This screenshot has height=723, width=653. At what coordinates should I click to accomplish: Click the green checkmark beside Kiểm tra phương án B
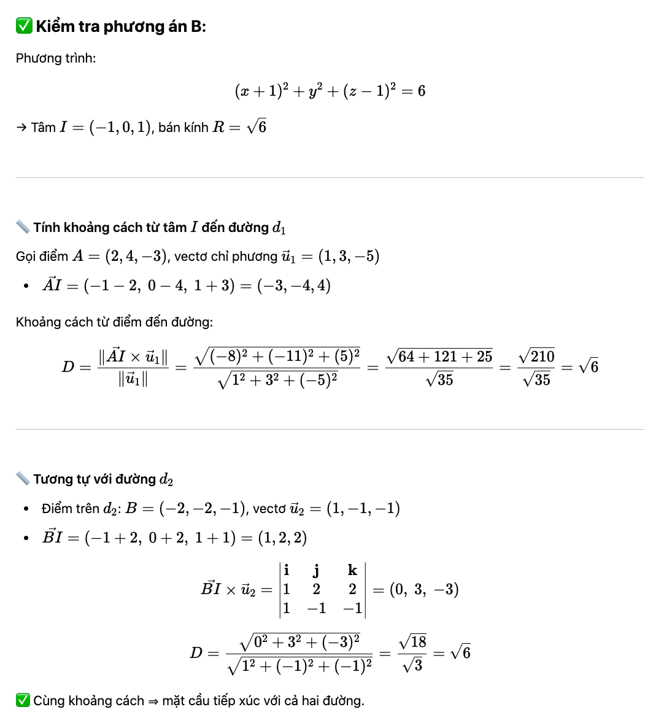point(24,26)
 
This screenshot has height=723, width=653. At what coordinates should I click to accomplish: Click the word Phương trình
point(56,58)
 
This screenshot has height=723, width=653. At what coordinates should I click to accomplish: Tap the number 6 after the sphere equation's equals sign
point(421,91)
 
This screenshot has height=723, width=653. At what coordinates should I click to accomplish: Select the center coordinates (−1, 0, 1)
point(120,128)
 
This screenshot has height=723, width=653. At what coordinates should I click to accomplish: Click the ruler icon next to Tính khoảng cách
point(23,228)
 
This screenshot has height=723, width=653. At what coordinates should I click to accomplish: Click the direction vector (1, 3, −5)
point(349,256)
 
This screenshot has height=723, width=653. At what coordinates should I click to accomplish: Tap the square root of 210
point(536,357)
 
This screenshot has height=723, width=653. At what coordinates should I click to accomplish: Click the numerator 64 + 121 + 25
point(439,357)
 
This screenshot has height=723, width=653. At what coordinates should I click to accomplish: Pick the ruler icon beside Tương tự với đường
point(23,479)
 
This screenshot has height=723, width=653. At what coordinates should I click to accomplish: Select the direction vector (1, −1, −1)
point(363,508)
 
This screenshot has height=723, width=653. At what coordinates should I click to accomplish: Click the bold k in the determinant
point(352,571)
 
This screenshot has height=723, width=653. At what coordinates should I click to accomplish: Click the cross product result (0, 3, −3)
point(424,590)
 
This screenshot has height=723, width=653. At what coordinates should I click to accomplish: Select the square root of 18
point(412,642)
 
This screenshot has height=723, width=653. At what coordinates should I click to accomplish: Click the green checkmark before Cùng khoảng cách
point(23,700)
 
